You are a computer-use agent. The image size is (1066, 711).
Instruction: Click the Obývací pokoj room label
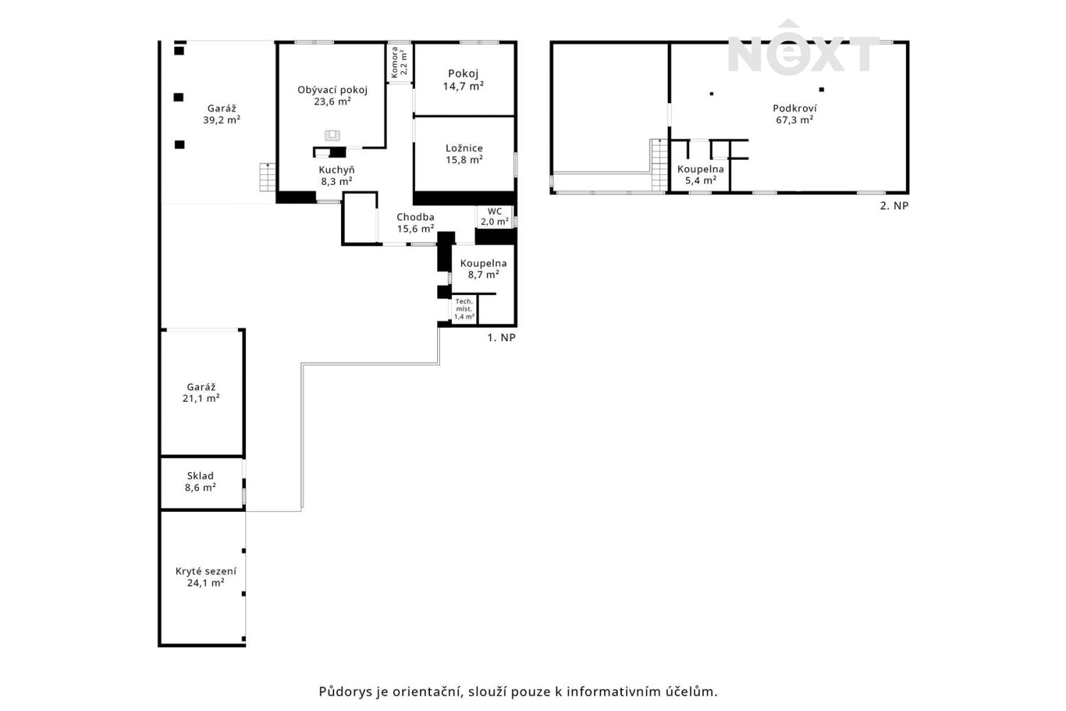point(333,90)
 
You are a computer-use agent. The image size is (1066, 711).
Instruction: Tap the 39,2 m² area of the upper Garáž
point(222,119)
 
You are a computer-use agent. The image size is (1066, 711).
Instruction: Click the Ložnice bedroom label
point(464,148)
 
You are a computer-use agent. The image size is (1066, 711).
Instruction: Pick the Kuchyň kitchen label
point(336,169)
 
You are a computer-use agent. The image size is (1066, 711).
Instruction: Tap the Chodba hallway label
point(416,217)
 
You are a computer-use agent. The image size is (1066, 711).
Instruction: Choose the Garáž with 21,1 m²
point(201,392)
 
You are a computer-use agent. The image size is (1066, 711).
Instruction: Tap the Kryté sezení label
point(205,571)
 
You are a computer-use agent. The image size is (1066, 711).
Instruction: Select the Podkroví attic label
point(795,108)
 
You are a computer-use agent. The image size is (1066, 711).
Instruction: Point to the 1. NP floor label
point(501,338)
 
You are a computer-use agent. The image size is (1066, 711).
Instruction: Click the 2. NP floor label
point(894,205)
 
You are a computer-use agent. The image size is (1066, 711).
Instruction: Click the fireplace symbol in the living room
point(332,136)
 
